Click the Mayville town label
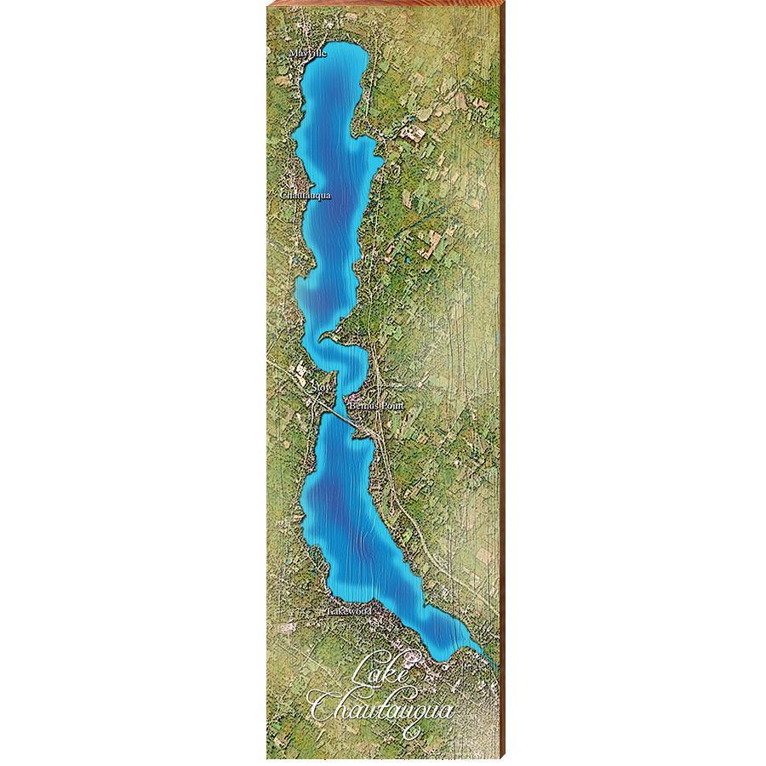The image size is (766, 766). pos(307,53)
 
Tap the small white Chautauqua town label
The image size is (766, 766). pos(305,195)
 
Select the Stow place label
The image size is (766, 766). pos(321,388)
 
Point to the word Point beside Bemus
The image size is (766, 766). pos(390,408)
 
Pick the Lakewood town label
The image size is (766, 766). pos(350,611)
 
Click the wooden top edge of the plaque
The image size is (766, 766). pos(383,3)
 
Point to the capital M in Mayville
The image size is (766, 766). pos(292,53)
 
